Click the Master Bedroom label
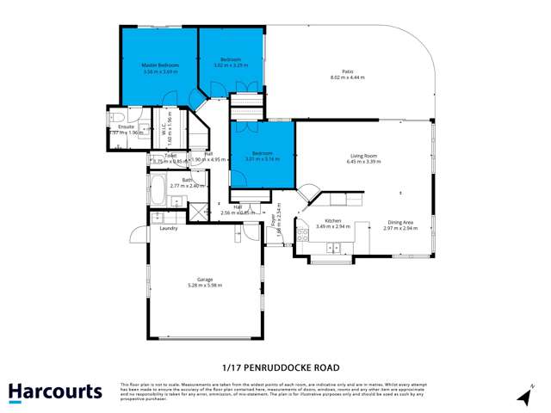160,65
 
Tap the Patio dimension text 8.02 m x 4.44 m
347,77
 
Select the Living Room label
364,155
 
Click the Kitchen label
333,221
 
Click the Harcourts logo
55,391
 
